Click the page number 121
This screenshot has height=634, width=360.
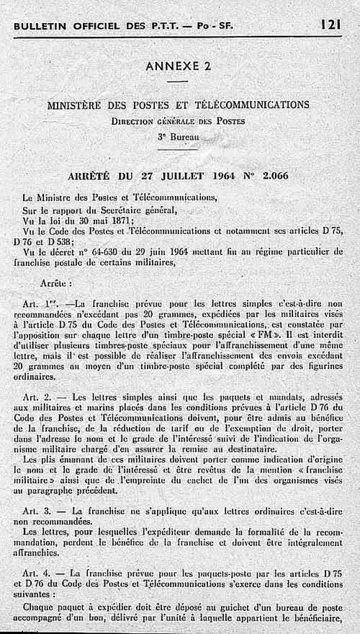(331, 24)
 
